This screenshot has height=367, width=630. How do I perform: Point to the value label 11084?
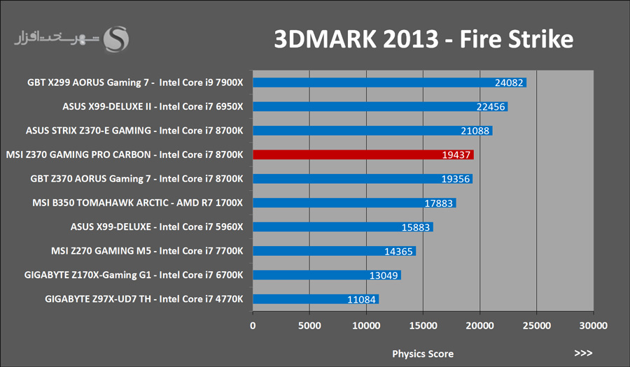(x=361, y=299)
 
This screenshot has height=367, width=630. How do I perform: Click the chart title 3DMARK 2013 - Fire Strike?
(x=423, y=39)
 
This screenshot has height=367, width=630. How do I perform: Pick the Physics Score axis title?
(x=423, y=353)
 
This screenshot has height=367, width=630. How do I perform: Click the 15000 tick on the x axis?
(x=423, y=326)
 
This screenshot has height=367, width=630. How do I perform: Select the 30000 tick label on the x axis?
(x=593, y=326)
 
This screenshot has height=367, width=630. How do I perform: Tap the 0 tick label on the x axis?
(x=253, y=326)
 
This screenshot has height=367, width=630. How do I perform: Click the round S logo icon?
(x=116, y=39)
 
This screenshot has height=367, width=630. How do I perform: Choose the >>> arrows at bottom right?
(x=583, y=353)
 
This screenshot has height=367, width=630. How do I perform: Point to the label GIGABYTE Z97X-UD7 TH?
(x=143, y=298)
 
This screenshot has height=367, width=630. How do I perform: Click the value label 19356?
(x=456, y=179)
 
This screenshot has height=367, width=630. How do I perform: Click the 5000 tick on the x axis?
(x=309, y=326)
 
